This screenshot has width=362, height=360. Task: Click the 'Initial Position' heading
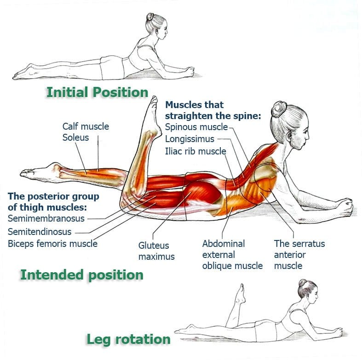click(97, 92)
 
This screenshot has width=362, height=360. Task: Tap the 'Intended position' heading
click(81, 275)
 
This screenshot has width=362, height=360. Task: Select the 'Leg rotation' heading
click(128, 340)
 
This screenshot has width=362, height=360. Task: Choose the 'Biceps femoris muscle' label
click(52, 243)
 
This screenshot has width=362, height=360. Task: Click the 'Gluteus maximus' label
click(154, 251)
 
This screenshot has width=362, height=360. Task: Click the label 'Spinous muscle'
click(196, 127)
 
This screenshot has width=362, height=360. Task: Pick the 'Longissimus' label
click(189, 139)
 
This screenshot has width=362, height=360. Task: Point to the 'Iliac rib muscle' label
click(195, 151)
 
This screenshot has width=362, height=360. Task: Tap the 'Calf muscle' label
click(86, 126)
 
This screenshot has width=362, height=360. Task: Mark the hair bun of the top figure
click(151, 17)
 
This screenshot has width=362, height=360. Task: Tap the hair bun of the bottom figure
click(302, 283)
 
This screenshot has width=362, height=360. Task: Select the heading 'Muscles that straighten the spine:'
click(213, 110)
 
